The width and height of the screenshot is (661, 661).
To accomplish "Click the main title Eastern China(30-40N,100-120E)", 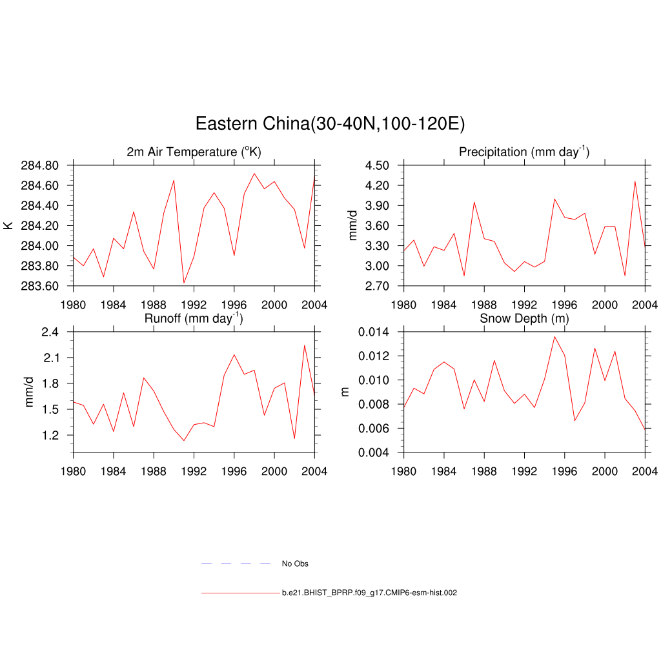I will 330,123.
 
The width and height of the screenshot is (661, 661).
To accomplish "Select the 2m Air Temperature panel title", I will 194,152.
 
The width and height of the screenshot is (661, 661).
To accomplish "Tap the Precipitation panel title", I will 524,152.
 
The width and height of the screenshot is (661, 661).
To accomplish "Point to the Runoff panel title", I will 194,318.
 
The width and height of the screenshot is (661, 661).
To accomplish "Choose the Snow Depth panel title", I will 524,319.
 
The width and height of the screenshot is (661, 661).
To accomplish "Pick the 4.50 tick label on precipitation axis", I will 376,166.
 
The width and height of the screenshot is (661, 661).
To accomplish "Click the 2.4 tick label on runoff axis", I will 50,332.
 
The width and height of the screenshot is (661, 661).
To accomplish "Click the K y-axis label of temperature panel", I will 8,225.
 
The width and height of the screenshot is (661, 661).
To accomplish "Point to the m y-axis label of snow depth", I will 345,392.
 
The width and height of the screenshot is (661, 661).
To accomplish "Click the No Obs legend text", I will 295,564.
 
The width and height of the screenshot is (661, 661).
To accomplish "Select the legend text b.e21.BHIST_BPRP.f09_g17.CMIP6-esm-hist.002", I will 369,593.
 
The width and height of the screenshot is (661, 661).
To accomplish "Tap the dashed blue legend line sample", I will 236,564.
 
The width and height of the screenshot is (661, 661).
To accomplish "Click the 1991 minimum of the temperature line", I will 184,283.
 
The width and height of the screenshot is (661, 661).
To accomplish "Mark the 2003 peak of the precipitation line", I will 635,181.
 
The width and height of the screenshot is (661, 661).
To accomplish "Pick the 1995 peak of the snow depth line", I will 554,336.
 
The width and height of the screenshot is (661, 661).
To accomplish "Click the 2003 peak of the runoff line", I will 304,345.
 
